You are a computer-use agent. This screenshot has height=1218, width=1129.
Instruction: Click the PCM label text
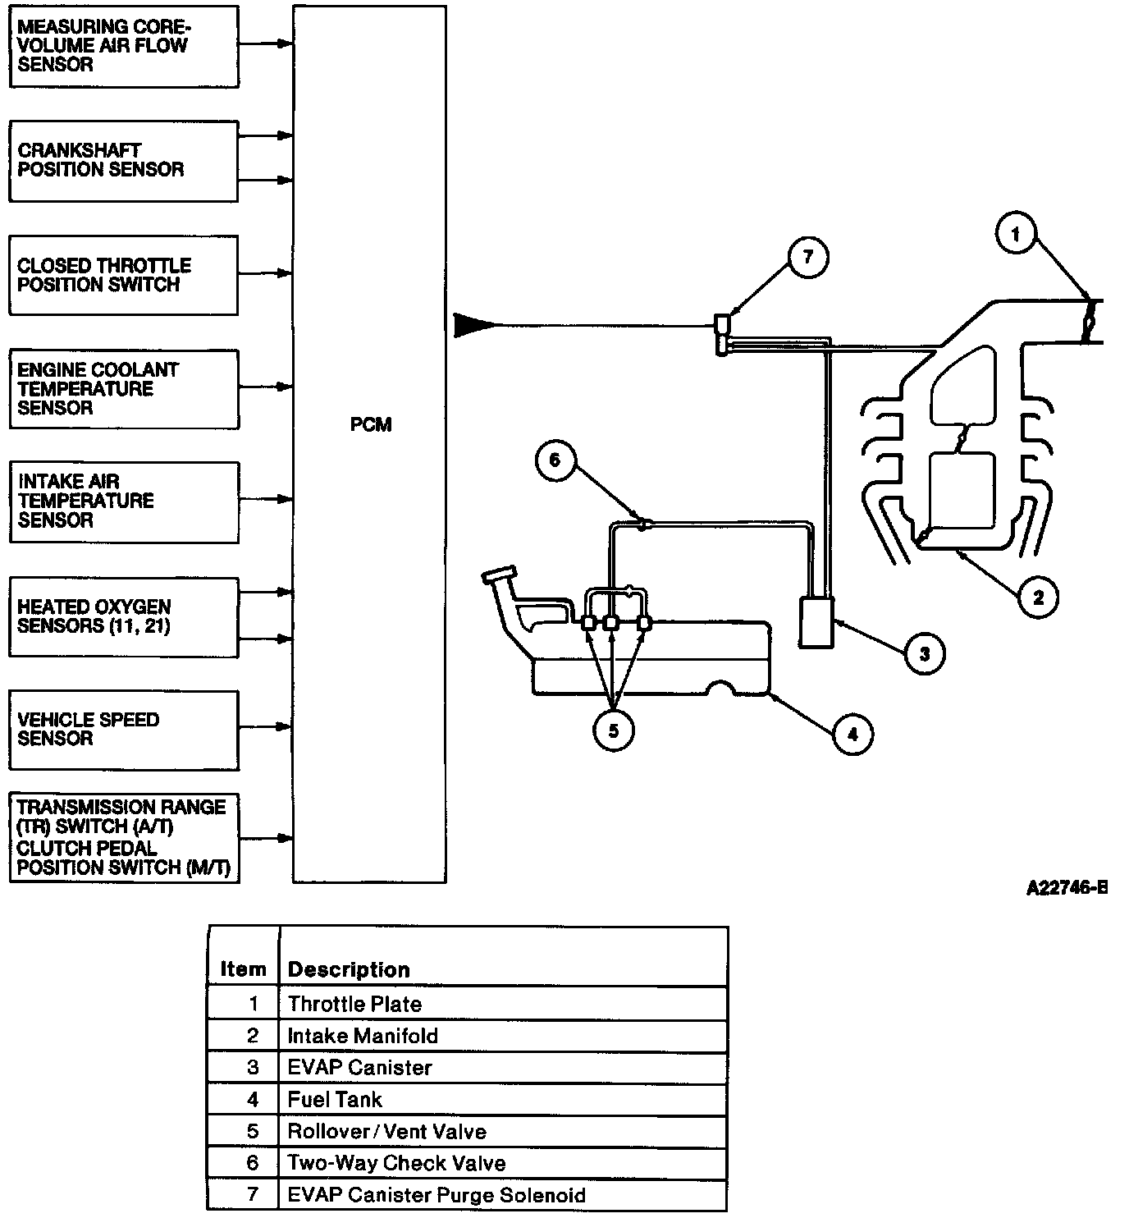pyautogui.click(x=370, y=424)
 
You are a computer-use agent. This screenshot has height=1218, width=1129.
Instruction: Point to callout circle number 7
pyautogui.click(x=807, y=258)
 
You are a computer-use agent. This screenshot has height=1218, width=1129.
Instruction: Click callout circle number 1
pyautogui.click(x=1016, y=234)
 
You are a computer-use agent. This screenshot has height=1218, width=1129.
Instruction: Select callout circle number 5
pyautogui.click(x=613, y=730)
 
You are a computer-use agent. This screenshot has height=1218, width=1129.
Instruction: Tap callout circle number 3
pyautogui.click(x=924, y=654)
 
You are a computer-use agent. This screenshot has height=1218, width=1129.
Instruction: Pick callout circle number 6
pyautogui.click(x=555, y=460)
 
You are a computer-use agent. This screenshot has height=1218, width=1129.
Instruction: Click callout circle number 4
pyautogui.click(x=852, y=734)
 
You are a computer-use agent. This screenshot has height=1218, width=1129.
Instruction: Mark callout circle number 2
pyautogui.click(x=1038, y=598)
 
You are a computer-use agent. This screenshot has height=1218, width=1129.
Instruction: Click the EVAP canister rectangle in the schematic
pyautogui.click(x=816, y=622)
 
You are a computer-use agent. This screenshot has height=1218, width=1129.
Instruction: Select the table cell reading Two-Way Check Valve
pyautogui.click(x=397, y=1163)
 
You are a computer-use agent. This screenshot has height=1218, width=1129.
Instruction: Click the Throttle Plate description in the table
pyautogui.click(x=354, y=1004)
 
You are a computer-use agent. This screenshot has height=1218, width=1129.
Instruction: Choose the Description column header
pyautogui.click(x=349, y=969)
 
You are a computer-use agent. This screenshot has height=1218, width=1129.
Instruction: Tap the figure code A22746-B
pyautogui.click(x=1067, y=887)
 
